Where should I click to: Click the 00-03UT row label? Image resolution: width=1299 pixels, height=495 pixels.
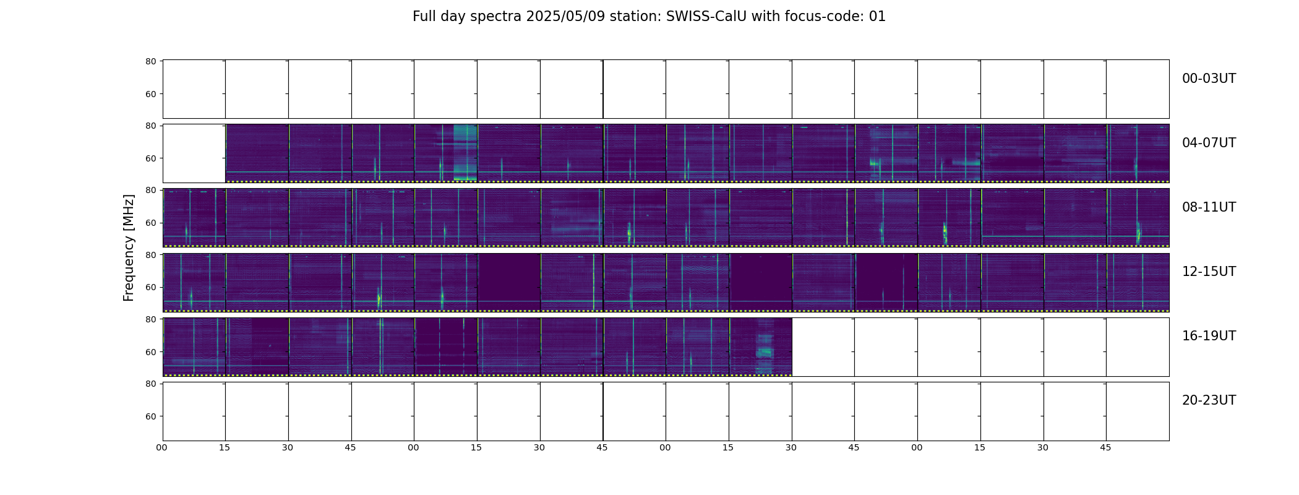(x=1209, y=79)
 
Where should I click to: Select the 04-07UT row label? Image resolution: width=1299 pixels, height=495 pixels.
(x=1209, y=143)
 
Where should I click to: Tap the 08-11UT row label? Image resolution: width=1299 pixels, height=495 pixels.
(x=1209, y=207)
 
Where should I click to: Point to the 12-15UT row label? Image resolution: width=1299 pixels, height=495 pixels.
(x=1209, y=272)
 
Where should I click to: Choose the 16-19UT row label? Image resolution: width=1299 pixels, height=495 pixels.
(x=1209, y=336)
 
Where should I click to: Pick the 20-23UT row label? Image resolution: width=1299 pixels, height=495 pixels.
(x=1209, y=400)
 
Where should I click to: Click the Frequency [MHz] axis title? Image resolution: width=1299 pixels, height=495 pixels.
(x=129, y=247)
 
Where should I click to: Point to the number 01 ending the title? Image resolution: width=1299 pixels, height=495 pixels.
(x=878, y=17)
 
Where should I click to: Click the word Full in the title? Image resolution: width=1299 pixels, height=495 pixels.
(x=424, y=17)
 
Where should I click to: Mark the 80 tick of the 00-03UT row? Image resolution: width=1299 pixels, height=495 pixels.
(x=150, y=61)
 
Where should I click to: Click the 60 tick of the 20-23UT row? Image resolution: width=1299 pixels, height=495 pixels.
(x=150, y=416)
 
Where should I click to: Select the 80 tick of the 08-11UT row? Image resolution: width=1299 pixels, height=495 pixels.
(x=150, y=190)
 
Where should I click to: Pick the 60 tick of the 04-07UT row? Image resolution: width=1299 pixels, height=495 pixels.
(x=150, y=158)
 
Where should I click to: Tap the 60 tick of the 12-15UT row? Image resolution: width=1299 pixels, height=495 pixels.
(x=150, y=287)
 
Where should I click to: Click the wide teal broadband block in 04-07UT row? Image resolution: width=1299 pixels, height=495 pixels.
(x=465, y=152)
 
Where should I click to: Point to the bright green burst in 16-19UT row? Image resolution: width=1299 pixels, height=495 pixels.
(x=765, y=351)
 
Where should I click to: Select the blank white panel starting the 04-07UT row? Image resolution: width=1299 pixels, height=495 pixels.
(x=194, y=153)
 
